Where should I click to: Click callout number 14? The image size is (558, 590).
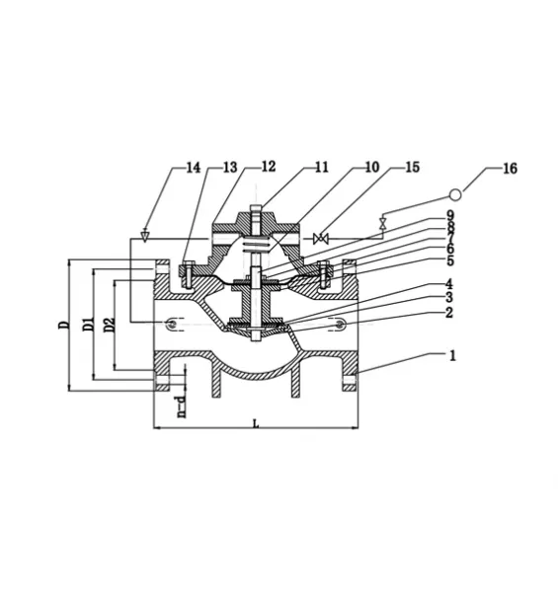point(194,168)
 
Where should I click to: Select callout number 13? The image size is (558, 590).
point(230,168)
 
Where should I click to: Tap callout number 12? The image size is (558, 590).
point(269,167)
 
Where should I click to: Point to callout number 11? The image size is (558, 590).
point(321,167)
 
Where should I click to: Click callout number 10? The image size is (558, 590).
point(372,167)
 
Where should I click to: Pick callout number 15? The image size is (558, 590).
point(413,167)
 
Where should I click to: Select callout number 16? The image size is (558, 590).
point(511,168)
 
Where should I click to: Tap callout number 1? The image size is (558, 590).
point(453,355)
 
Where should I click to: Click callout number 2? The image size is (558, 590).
point(448,313)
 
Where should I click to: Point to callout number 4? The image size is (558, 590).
point(448,284)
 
